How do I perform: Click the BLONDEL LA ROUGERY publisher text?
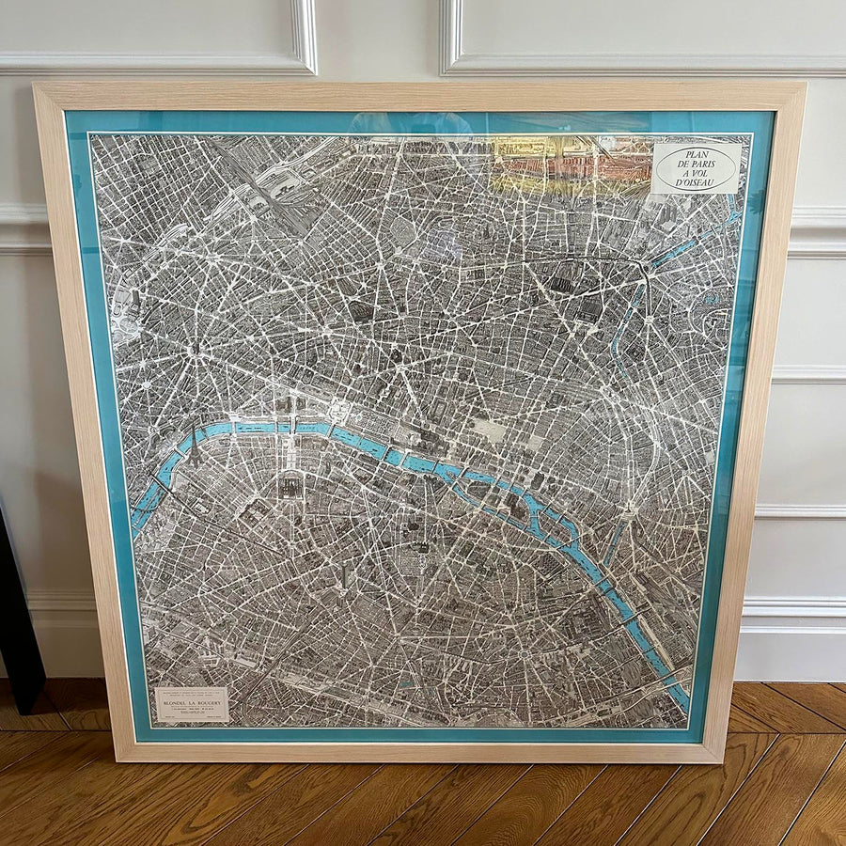pyautogui.click(x=191, y=700)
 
